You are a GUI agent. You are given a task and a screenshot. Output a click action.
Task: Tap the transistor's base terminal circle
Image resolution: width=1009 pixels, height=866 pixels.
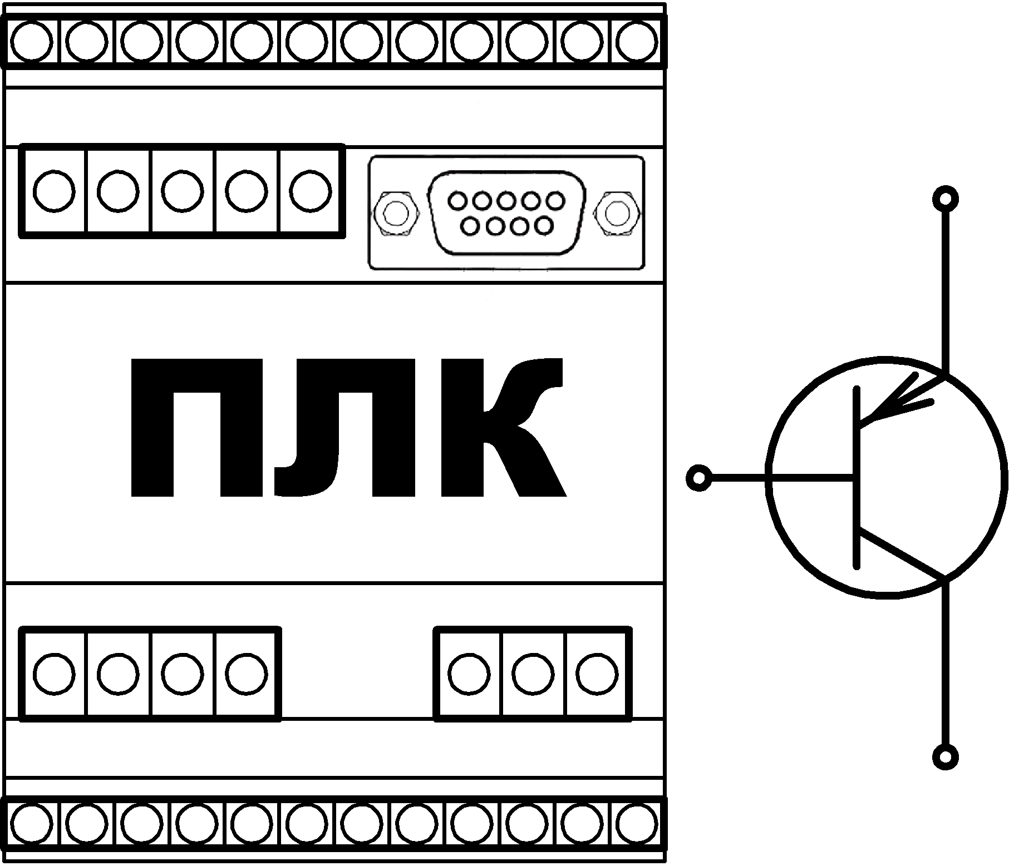tap(700, 478)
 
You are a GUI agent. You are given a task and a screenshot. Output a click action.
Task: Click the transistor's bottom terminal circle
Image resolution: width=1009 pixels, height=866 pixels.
tap(945, 757)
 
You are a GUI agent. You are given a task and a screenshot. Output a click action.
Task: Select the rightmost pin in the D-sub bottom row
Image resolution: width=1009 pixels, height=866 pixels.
tap(544, 226)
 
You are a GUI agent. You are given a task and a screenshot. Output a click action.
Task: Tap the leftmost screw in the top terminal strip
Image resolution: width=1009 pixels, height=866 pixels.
tap(32, 42)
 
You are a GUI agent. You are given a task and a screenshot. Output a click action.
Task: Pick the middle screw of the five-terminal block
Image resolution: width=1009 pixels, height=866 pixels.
tap(183, 191)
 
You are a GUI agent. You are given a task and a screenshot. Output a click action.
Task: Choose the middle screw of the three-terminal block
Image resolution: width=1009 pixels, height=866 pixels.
tap(533, 674)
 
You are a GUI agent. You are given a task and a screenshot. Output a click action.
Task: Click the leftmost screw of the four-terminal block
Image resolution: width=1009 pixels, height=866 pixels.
tap(54, 674)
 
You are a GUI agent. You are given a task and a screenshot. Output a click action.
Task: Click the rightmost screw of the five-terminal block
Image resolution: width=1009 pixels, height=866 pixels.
tap(311, 191)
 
